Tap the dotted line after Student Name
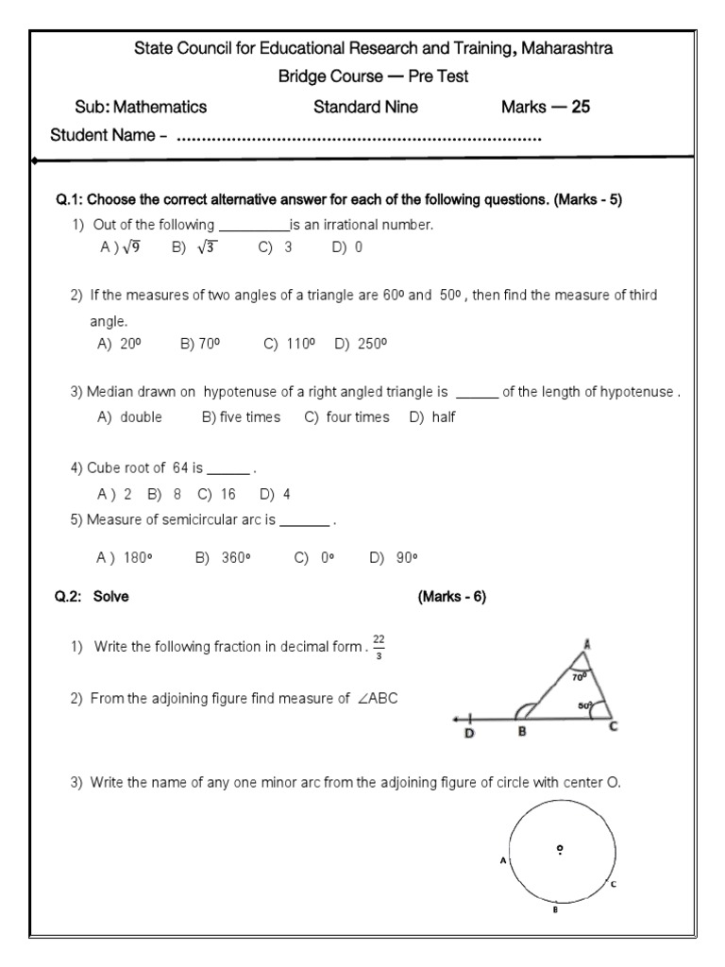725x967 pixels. (359, 138)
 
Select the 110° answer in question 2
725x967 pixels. (299, 345)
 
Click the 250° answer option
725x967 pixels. (372, 345)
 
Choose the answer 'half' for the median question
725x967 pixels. (444, 416)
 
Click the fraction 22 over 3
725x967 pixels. (379, 647)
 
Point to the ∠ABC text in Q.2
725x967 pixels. (388, 699)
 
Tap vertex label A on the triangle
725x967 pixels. (586, 644)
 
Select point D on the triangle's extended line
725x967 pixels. (469, 734)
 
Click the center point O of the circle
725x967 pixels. (560, 849)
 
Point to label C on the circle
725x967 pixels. (613, 884)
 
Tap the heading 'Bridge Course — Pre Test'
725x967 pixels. (373, 76)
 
